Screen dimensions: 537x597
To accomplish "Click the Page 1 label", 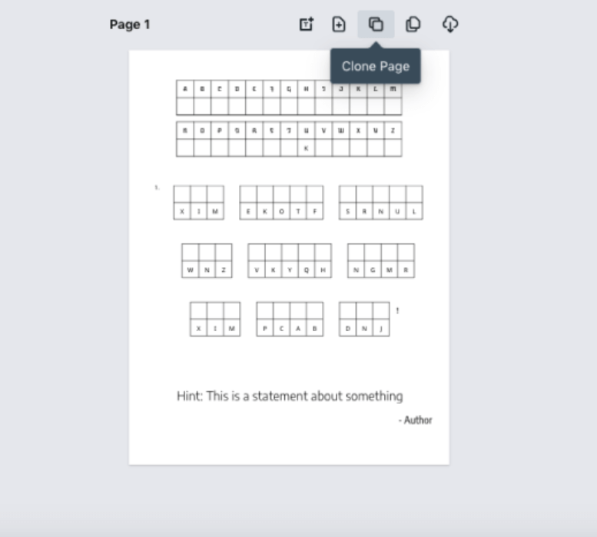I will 130,25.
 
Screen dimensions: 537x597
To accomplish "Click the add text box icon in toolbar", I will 306,25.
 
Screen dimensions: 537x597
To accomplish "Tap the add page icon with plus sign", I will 339,25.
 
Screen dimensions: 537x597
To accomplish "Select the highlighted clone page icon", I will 376,25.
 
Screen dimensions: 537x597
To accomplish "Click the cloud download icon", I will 450,25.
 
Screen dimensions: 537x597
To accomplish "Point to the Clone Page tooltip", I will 376,66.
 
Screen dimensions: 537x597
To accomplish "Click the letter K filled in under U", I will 306,148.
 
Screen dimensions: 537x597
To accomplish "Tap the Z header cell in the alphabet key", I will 393,131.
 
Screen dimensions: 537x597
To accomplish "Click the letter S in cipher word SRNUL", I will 348,211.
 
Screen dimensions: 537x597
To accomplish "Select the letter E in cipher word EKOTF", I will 248,211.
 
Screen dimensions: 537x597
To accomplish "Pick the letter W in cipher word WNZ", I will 191,270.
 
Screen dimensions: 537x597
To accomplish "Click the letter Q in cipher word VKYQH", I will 307,270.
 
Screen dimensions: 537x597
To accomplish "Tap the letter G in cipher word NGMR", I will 373,270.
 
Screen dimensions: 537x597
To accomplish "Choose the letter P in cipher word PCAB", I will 265,328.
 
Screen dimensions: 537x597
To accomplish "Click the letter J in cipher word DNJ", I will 381,328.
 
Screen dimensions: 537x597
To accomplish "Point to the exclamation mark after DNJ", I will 397,310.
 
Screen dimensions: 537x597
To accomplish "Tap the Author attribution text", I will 416,420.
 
